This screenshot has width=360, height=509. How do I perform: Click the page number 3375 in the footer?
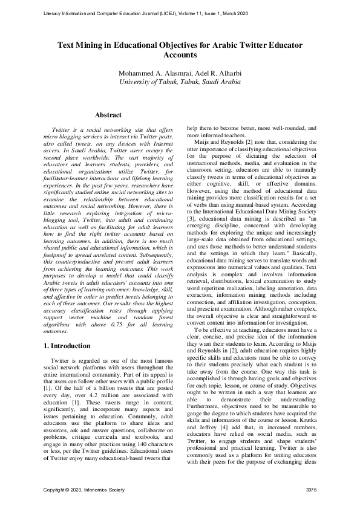311,488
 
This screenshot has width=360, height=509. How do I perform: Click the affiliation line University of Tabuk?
180,83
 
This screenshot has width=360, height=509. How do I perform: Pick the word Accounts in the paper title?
180,54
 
